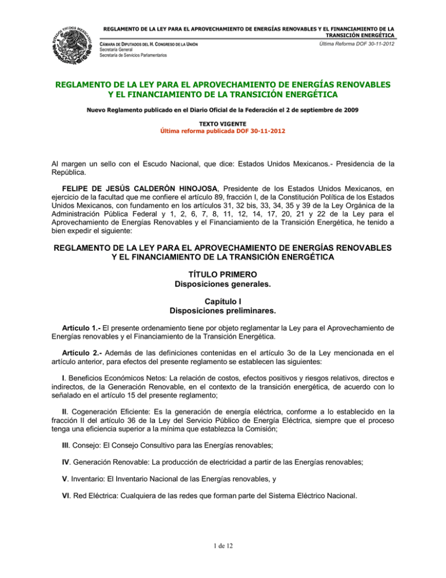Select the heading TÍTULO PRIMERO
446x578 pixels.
click(223, 273)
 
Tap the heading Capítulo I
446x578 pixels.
click(223, 301)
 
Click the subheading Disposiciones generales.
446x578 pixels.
click(223, 284)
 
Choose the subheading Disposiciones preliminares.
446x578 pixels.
click(223, 311)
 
